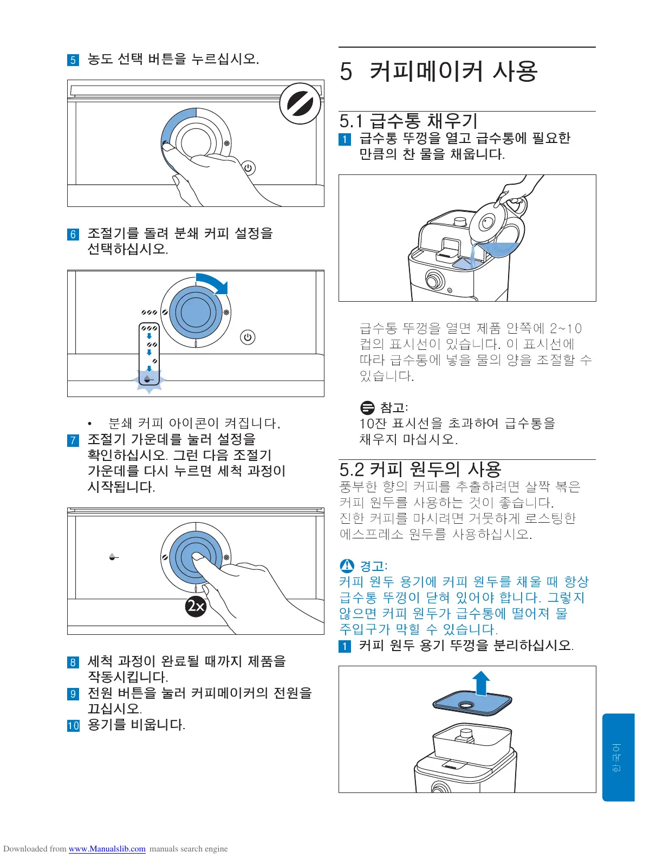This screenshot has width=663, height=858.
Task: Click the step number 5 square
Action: coord(73,60)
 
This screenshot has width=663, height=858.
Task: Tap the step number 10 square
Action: coord(73,725)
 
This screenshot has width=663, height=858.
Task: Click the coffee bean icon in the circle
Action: coord(300,103)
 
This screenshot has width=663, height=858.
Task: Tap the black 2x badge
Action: coord(196,606)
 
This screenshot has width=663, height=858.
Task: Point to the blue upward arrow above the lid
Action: coord(481,683)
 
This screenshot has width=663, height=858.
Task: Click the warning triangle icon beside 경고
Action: coord(347,566)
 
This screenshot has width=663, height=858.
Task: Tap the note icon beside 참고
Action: coord(367,407)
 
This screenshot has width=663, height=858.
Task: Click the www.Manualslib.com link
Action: coord(107,849)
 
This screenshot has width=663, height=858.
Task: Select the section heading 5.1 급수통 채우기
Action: coord(408,120)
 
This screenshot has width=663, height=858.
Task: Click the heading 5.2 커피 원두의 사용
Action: coord(420,469)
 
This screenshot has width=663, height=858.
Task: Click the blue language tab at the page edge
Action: coord(619,757)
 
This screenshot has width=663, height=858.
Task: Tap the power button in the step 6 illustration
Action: coord(248,337)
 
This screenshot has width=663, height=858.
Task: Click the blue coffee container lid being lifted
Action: coord(472,703)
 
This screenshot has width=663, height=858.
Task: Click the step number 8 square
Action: coord(73,662)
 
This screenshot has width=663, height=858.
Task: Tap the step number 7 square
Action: coord(73,440)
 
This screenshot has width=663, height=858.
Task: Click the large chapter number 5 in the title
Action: coord(346,72)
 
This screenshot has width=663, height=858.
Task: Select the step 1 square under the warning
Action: coord(344,646)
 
